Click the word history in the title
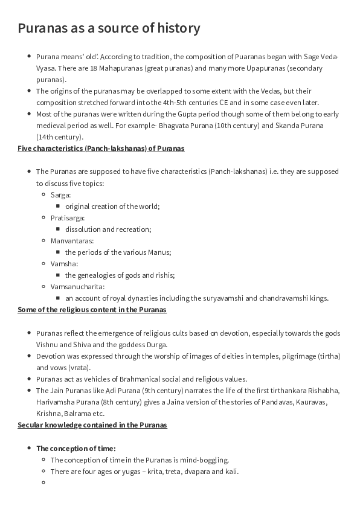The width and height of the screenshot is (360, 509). pyautogui.click(x=178, y=28)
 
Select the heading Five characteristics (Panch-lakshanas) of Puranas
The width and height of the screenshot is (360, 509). pyautogui.click(x=101, y=148)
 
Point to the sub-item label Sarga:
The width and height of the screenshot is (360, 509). pyautogui.click(x=61, y=194)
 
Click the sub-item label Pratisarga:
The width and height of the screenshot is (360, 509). pyautogui.click(x=68, y=217)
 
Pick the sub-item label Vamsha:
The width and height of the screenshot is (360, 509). pyautogui.click(x=65, y=263)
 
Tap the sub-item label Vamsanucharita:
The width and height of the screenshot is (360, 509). pyautogui.click(x=78, y=286)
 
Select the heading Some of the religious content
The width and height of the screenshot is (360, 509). pyautogui.click(x=92, y=310)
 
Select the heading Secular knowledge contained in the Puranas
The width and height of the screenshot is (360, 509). pyautogui.click(x=92, y=425)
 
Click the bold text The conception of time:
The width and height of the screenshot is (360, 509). pyautogui.click(x=76, y=448)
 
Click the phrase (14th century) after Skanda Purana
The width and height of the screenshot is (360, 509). pyautogui.click(x=57, y=136)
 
